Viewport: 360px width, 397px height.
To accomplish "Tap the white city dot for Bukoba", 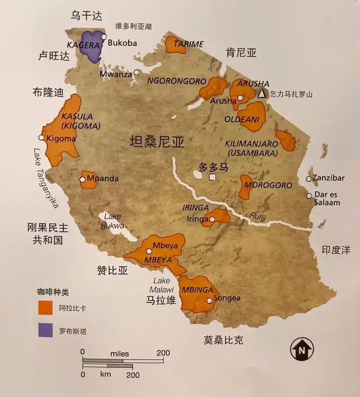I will pyautogui.click(x=104, y=37).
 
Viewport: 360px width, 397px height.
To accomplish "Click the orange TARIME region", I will pyautogui.click(x=175, y=45).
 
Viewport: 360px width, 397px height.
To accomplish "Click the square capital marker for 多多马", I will pyautogui.click(x=212, y=177).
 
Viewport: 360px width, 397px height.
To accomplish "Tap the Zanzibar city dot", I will pyautogui.click(x=309, y=179).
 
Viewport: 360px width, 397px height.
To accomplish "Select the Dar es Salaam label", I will pyautogui.click(x=328, y=199).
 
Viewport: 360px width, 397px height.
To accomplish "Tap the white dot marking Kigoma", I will pyautogui.click(x=41, y=137).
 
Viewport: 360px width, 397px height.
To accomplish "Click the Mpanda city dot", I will pyautogui.click(x=83, y=180).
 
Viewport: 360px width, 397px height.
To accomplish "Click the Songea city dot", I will pyautogui.click(x=209, y=300).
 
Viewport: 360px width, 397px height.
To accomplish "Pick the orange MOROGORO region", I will pyautogui.click(x=246, y=187).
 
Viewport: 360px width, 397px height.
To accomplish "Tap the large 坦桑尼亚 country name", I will pyautogui.click(x=157, y=143).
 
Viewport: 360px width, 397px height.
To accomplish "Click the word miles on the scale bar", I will pyautogui.click(x=119, y=353).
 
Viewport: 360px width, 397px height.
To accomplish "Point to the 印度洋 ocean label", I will pyautogui.click(x=336, y=250).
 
